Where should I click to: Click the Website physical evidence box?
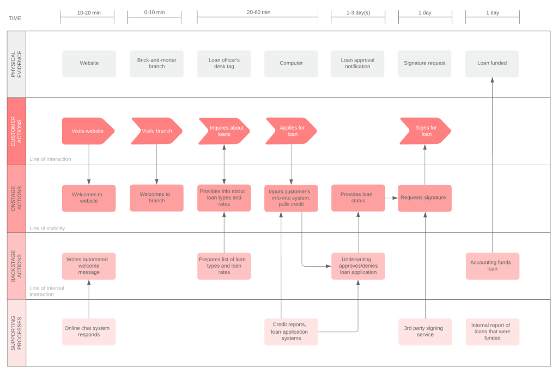pyautogui.click(x=89, y=63)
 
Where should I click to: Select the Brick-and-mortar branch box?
pyautogui.click(x=156, y=63)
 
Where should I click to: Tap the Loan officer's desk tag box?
pyautogui.click(x=224, y=63)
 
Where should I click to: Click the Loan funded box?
pyautogui.click(x=492, y=63)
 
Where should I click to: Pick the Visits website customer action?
pyautogui.click(x=88, y=131)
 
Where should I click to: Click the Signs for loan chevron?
pyautogui.click(x=425, y=131)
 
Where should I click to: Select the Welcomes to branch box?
pyautogui.click(x=156, y=197)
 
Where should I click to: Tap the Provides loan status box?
pyautogui.click(x=358, y=197)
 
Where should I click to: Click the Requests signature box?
pyautogui.click(x=424, y=197)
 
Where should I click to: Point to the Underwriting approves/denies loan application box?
pyautogui.click(x=358, y=266)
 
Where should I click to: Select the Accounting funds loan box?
pyautogui.click(x=492, y=266)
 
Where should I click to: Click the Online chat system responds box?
pyautogui.click(x=89, y=332)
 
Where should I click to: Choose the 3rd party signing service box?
pyautogui.click(x=424, y=332)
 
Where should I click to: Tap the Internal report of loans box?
pyautogui.click(x=492, y=332)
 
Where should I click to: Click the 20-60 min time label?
pyautogui.click(x=258, y=13)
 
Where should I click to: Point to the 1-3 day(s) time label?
pyautogui.click(x=358, y=13)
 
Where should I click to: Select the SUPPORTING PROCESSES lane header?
pyautogui.click(x=16, y=333)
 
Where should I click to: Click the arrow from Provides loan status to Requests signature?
pyautogui.click(x=391, y=198)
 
